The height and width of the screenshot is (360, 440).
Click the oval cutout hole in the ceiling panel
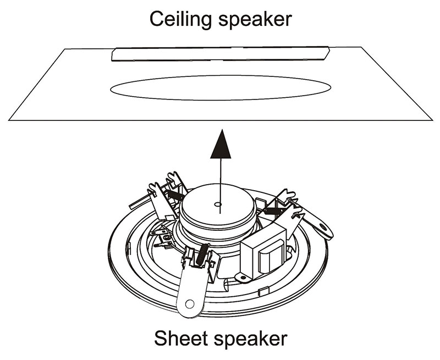(x=220, y=88)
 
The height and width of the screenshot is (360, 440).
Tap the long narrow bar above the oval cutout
(x=220, y=53)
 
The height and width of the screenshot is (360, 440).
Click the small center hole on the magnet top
(x=218, y=206)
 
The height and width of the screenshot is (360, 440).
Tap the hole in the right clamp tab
(x=322, y=226)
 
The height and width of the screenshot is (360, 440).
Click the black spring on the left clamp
(x=175, y=193)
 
